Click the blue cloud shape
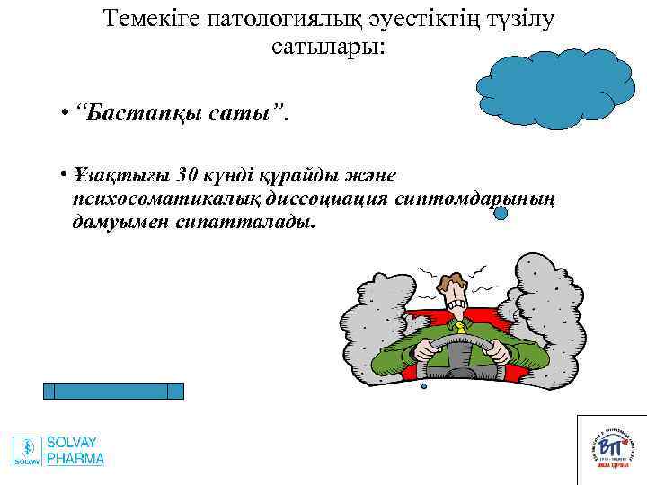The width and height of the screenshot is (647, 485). pyautogui.click(x=553, y=81)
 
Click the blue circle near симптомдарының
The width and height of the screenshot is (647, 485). pyautogui.click(x=501, y=214)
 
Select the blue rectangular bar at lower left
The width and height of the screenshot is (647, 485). pyautogui.click(x=113, y=391)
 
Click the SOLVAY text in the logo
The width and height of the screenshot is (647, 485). pyautogui.click(x=73, y=443)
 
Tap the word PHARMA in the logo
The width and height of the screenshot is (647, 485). pyautogui.click(x=75, y=459)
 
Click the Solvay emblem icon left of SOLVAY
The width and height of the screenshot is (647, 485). pyautogui.click(x=27, y=450)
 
